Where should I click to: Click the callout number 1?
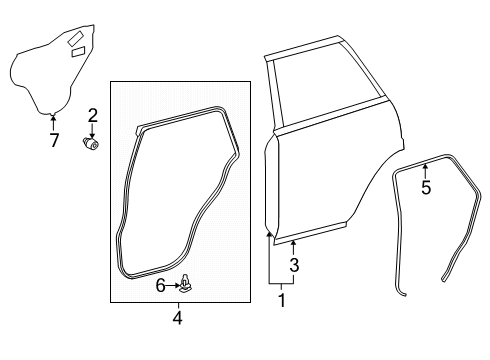click(x=281, y=299)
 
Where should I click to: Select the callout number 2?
click(x=91, y=115)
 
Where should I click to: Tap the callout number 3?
click(x=294, y=265)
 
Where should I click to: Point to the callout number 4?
click(x=178, y=320)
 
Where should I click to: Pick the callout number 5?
click(x=425, y=187)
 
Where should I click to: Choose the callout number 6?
click(x=160, y=286)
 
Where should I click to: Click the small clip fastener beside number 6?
click(x=187, y=285)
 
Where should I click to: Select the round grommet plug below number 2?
click(x=93, y=145)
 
